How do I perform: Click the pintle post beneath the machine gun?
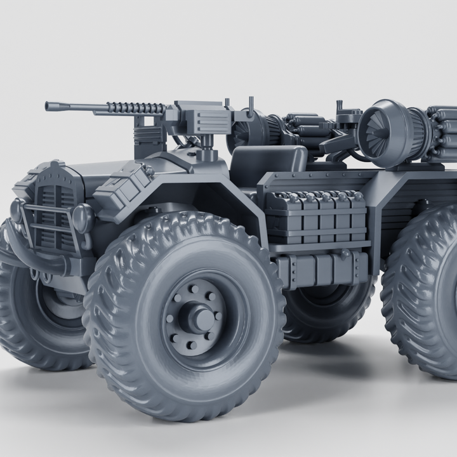[x=205, y=151]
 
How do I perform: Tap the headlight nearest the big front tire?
[x=83, y=218]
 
